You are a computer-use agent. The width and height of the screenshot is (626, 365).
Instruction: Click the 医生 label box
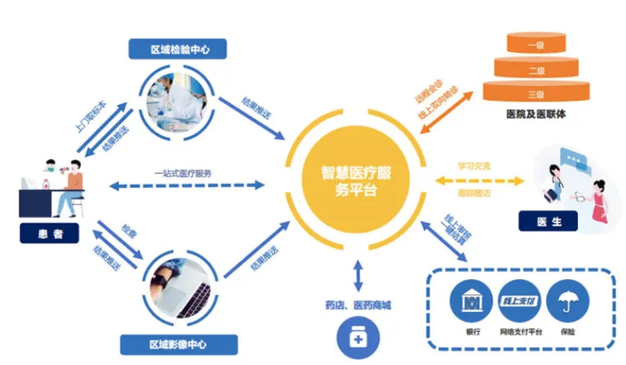point(550,222)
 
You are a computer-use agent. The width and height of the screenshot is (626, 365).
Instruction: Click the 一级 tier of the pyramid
point(535,45)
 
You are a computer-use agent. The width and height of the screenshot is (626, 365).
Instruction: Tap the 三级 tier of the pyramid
point(535,93)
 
